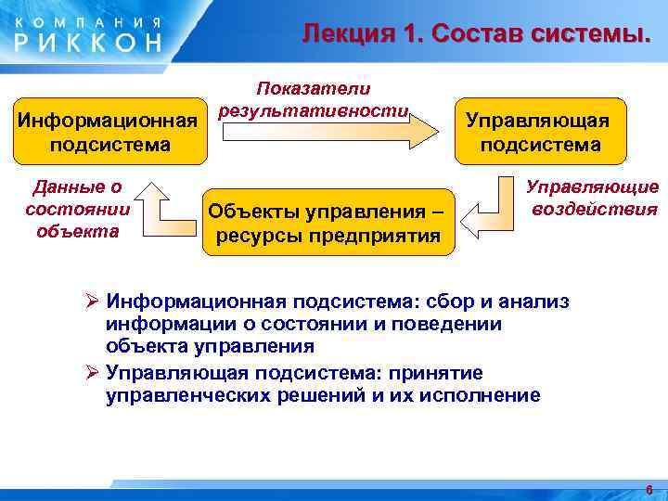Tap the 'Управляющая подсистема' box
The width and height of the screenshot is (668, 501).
538,133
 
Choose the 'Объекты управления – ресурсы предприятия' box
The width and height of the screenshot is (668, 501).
328,221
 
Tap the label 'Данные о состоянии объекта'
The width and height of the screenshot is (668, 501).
78,209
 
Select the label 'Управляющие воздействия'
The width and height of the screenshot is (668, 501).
593,198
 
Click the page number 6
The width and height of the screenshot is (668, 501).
649,489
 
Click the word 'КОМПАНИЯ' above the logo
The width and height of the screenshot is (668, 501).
88,19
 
